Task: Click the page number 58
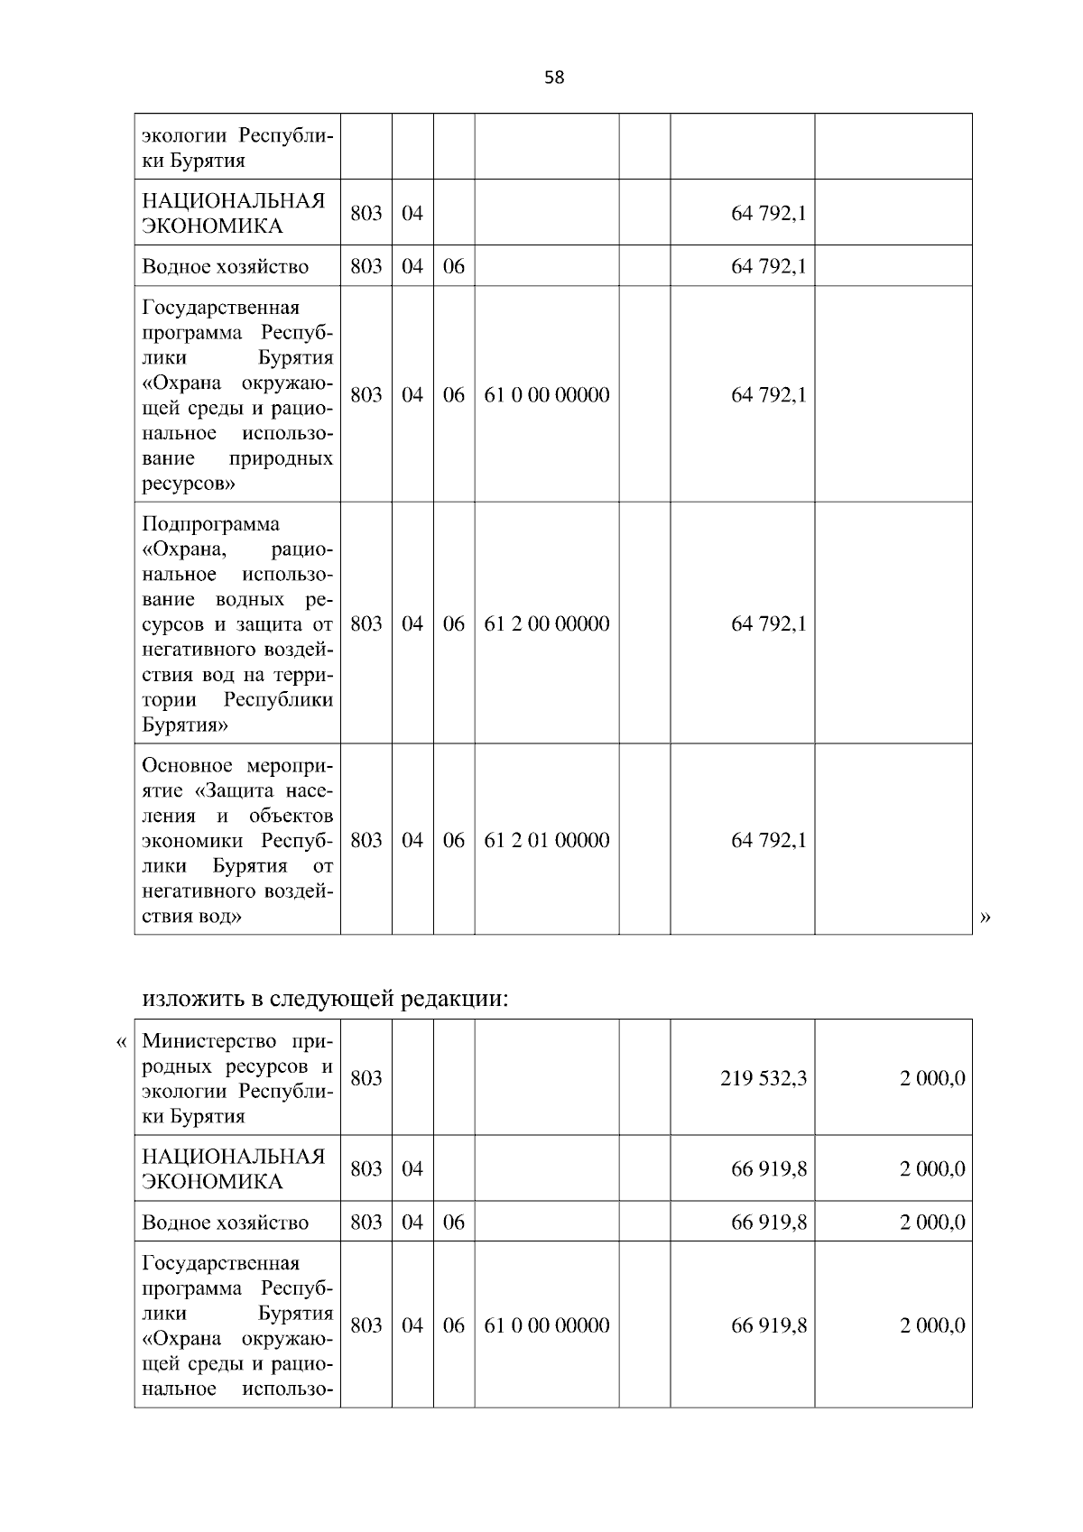pyautogui.click(x=554, y=78)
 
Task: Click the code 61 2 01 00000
pyautogui.click(x=547, y=840)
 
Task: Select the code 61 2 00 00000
pyautogui.click(x=547, y=623)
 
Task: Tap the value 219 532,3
pyautogui.click(x=763, y=1078)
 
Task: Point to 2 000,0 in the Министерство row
pyautogui.click(x=931, y=1078)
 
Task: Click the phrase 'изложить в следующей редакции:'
pyautogui.click(x=326, y=999)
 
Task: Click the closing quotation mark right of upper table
pyautogui.click(x=985, y=918)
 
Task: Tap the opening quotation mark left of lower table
pyautogui.click(x=122, y=1042)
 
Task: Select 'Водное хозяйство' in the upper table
pyautogui.click(x=225, y=266)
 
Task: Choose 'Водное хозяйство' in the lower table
pyautogui.click(x=225, y=1223)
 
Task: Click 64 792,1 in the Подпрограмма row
pyautogui.click(x=768, y=623)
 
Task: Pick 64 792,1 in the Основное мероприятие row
pyautogui.click(x=768, y=840)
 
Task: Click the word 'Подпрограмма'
pyautogui.click(x=210, y=524)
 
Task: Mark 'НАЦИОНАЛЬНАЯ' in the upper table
pyautogui.click(x=233, y=200)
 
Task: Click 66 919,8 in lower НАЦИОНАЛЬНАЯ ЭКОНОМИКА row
pyautogui.click(x=768, y=1168)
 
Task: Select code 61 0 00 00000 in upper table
pyautogui.click(x=547, y=394)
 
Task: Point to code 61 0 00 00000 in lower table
pyautogui.click(x=547, y=1324)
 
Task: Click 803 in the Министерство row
pyautogui.click(x=366, y=1078)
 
